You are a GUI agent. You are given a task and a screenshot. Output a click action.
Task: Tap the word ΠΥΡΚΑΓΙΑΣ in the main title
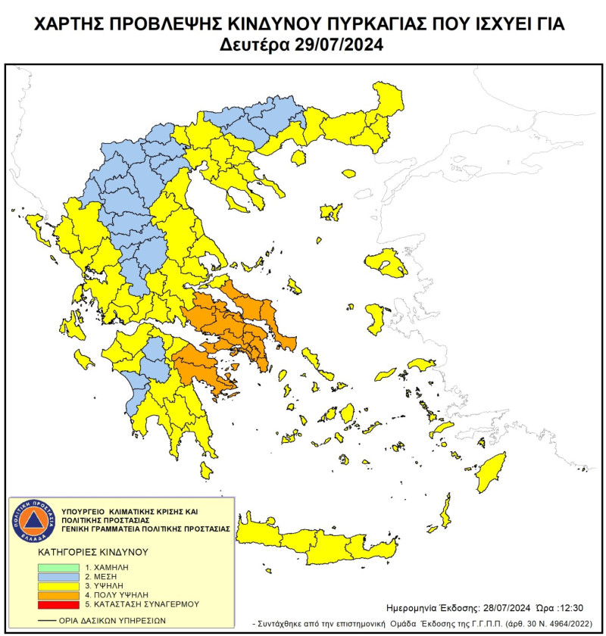tap(369, 24)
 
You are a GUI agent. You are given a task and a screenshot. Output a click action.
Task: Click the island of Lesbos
tap(386, 263)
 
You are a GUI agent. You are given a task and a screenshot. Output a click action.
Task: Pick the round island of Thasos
tap(298, 157)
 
